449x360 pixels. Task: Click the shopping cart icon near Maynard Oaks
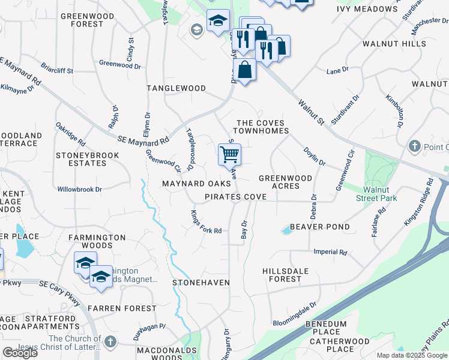pyautogui.click(x=229, y=154)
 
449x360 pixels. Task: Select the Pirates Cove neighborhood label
pyautogui.click(x=235, y=197)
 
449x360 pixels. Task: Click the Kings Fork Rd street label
pyautogui.click(x=206, y=222)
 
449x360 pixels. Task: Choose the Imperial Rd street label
pyautogui.click(x=330, y=253)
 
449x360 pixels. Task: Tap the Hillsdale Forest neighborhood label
pyautogui.click(x=285, y=275)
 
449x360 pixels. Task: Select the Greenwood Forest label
pyautogui.click(x=87, y=20)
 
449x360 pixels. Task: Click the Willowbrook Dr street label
pyautogui.click(x=79, y=189)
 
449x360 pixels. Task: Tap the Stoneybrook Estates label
pyautogui.click(x=87, y=159)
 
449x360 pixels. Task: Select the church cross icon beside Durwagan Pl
pyautogui.click(x=109, y=341)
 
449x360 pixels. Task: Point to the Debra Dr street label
pyautogui.click(x=313, y=206)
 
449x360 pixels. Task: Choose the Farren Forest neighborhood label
pyautogui.click(x=122, y=308)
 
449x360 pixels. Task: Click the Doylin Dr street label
pyautogui.click(x=314, y=157)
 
